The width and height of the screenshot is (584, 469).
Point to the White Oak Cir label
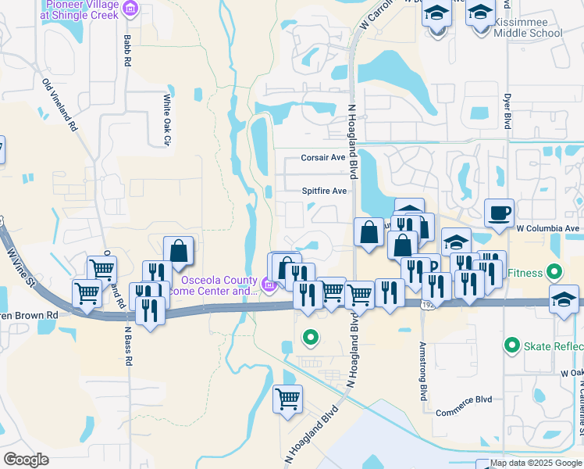pos(166,120)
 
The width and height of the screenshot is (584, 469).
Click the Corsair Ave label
pos(323,158)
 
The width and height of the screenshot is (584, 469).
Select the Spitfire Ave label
pos(325,191)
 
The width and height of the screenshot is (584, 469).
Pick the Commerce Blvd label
pos(464,399)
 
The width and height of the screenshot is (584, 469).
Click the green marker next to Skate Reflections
pos(512,344)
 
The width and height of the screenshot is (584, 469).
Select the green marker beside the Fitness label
pos(554,274)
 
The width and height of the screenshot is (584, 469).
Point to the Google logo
pos(26,459)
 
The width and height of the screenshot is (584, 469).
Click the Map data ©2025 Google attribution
pos(535,463)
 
